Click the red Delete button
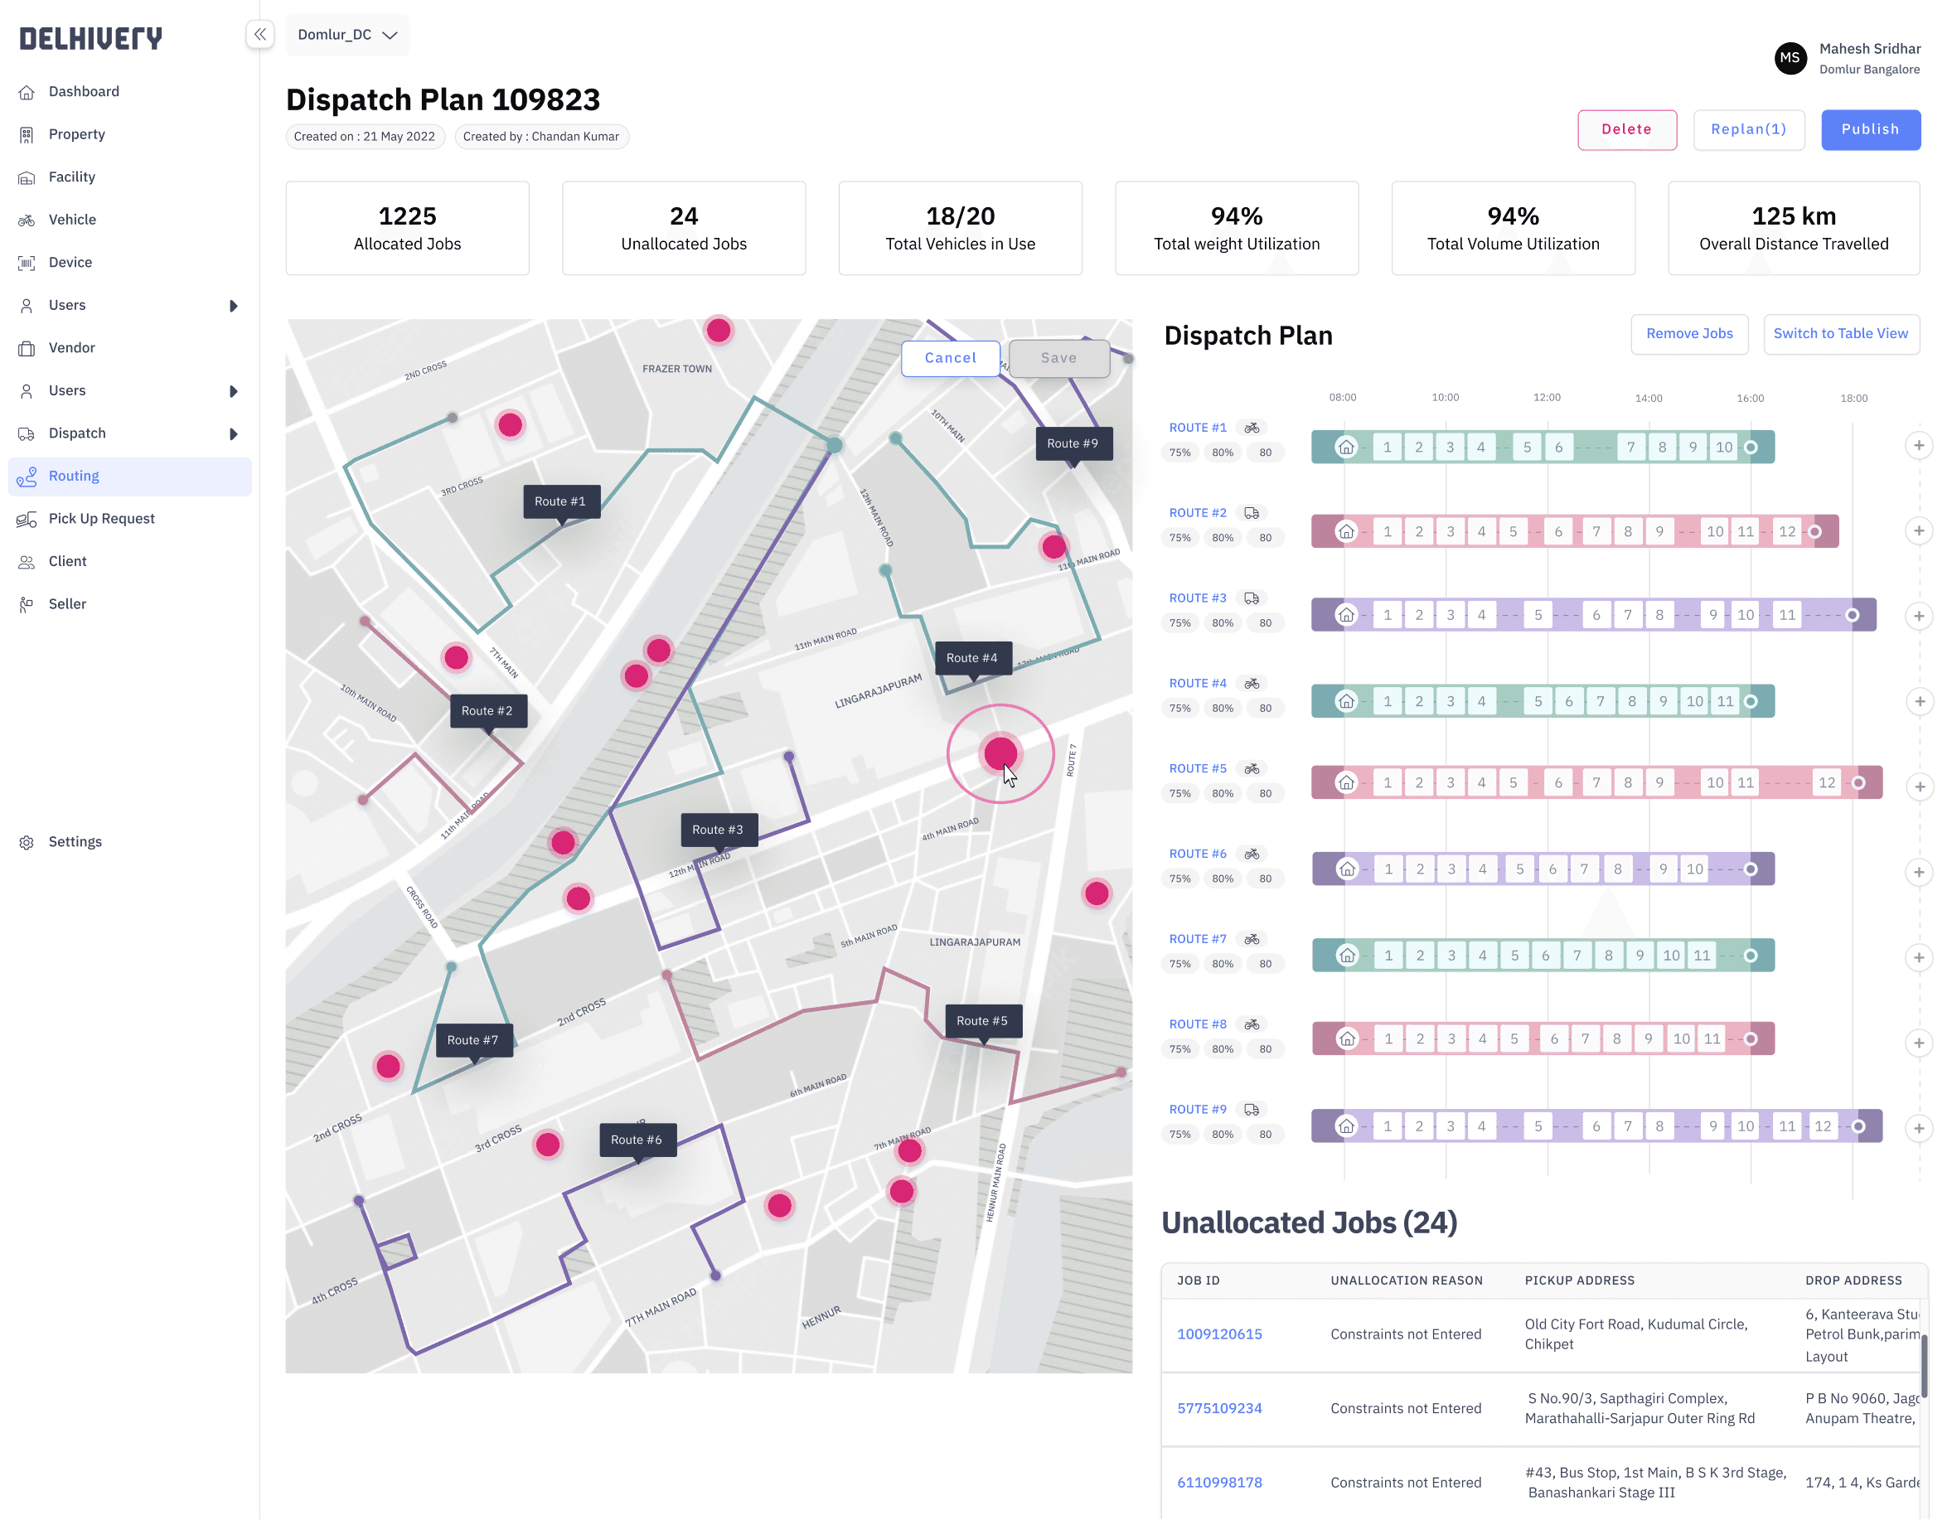point(1625,129)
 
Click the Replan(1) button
point(1747,129)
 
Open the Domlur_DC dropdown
point(346,35)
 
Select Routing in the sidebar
point(73,477)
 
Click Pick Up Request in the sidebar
point(101,519)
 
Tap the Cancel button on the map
point(949,358)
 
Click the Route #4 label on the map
point(971,659)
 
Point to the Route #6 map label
point(636,1140)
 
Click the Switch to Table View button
point(1839,334)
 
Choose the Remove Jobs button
point(1688,334)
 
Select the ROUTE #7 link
point(1197,939)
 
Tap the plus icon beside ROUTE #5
point(1918,787)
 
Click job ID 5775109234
point(1219,1409)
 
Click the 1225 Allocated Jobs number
point(407,216)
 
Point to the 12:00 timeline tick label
point(1546,398)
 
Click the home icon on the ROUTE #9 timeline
point(1345,1127)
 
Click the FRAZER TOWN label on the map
point(676,369)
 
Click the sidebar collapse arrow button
point(259,35)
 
